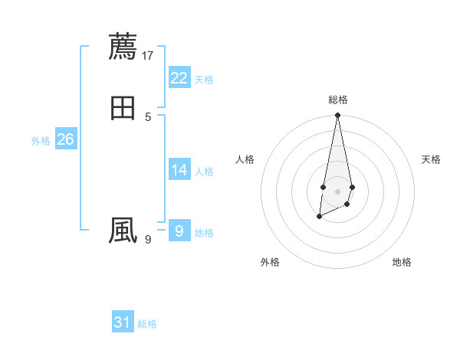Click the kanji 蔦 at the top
(x=123, y=46)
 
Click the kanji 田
(x=123, y=108)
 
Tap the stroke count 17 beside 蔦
(x=148, y=55)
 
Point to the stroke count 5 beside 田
(x=148, y=117)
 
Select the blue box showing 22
(x=179, y=78)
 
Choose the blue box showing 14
(x=179, y=170)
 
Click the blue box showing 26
(x=66, y=139)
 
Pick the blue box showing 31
(x=123, y=322)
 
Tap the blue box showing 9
(x=179, y=231)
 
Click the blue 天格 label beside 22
(x=204, y=80)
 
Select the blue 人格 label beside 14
(x=204, y=172)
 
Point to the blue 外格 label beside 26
(x=41, y=141)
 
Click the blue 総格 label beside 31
(x=147, y=324)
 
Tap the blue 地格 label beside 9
(x=204, y=233)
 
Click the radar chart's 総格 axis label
(x=338, y=100)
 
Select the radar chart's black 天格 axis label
(x=431, y=159)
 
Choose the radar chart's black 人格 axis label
(x=245, y=159)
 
